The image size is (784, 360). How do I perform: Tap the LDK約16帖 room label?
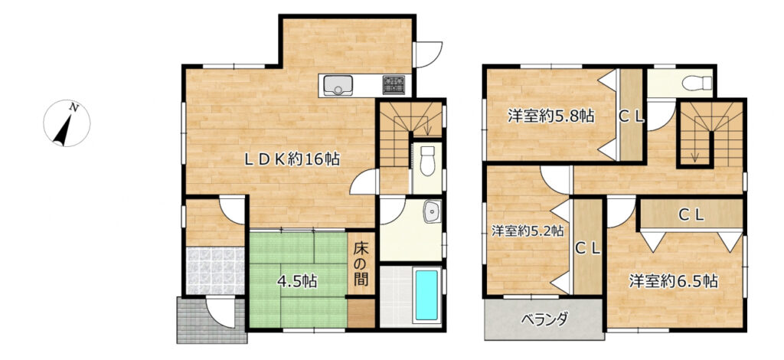coord(292,159)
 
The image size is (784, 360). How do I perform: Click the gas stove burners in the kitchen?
coord(395,83)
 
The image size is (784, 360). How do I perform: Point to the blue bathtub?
coord(426,296)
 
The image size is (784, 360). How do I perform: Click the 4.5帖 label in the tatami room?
coord(297,280)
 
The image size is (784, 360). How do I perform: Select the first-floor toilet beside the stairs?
coord(427,161)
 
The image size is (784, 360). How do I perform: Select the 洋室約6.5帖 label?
coord(674,280)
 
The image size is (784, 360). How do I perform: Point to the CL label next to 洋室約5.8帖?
coord(632,116)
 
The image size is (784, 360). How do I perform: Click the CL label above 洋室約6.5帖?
coord(691,216)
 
